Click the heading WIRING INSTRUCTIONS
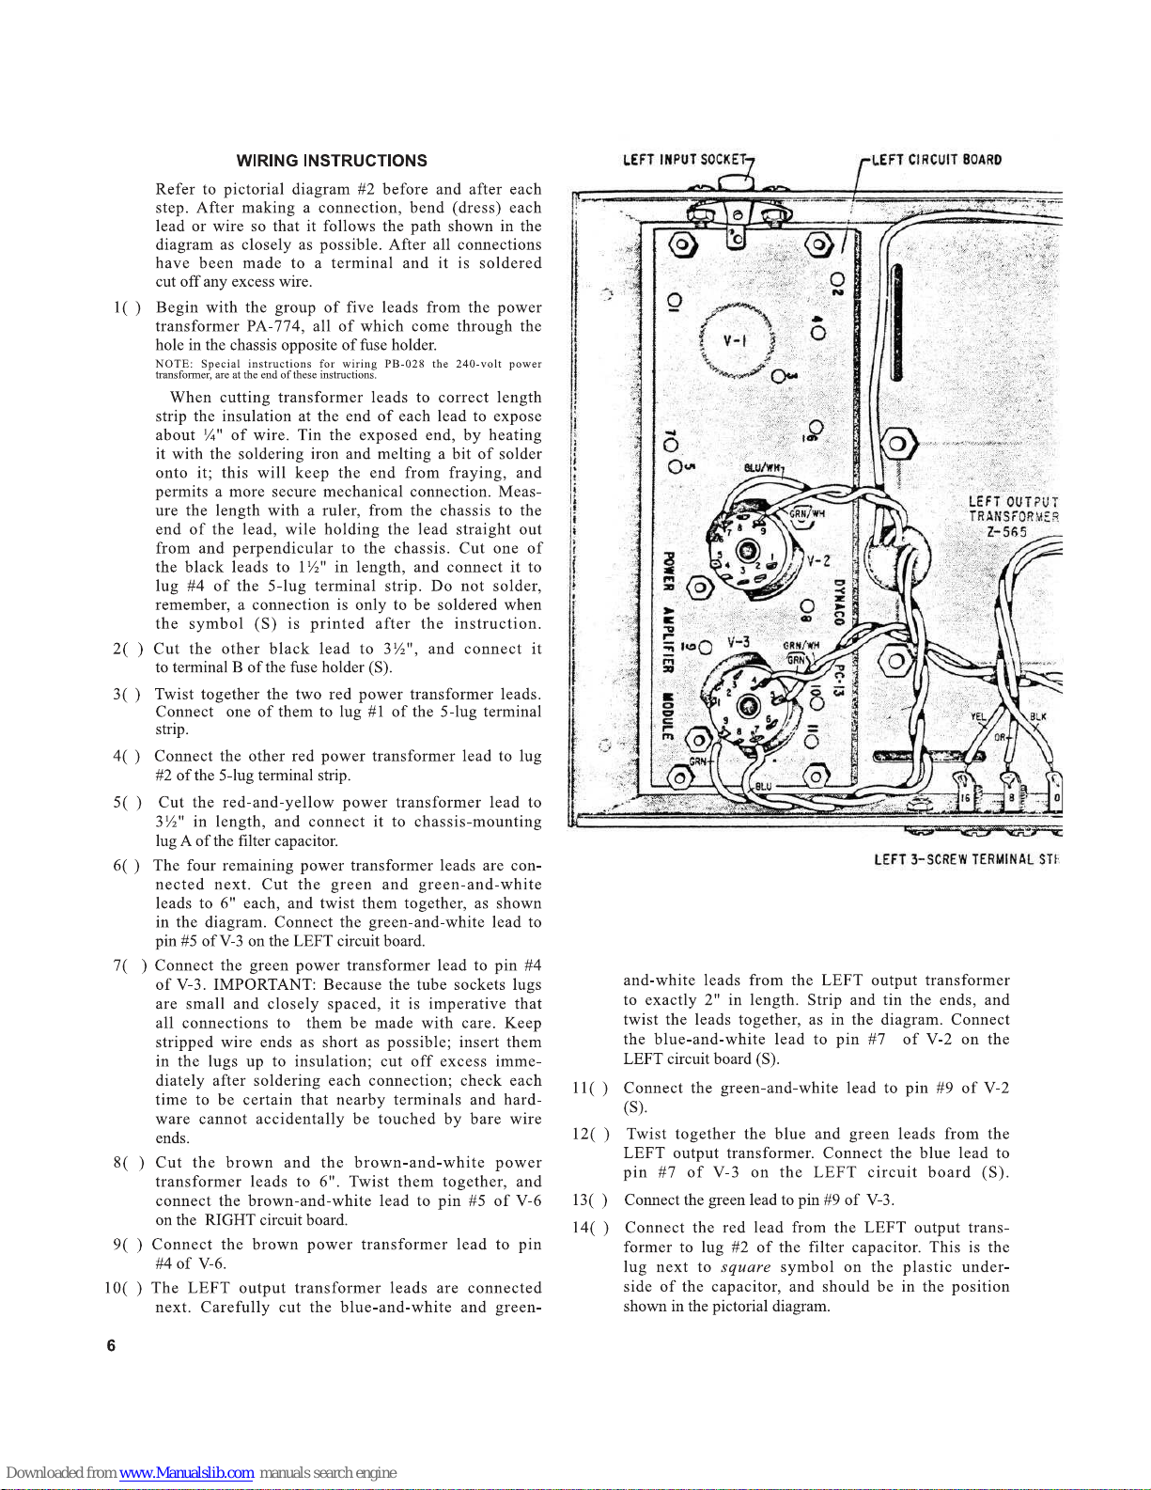coord(332,161)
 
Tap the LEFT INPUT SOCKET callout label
coord(686,159)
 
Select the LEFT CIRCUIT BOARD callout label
coord(937,159)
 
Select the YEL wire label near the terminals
coord(978,716)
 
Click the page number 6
coord(111,1345)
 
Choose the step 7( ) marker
coord(130,965)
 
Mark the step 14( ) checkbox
coord(590,1228)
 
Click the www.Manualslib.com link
coord(186,1473)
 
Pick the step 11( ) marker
coord(590,1089)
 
